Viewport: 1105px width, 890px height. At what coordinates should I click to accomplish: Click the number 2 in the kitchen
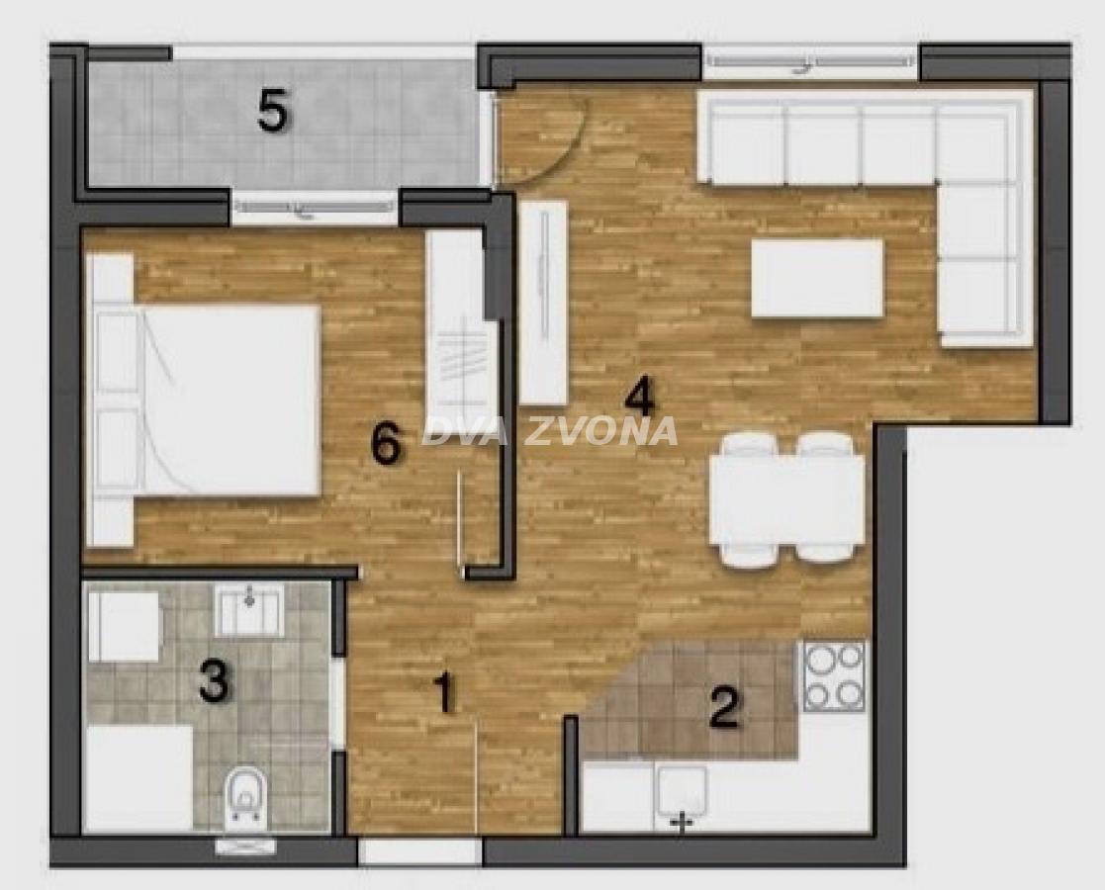tap(724, 707)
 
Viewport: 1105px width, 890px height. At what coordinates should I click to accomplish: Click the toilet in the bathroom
tap(244, 798)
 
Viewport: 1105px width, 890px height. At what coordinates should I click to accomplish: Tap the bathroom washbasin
tap(248, 609)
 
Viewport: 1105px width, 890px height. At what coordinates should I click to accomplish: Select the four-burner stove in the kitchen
tap(834, 675)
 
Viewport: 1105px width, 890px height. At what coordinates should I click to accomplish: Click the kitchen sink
tap(681, 796)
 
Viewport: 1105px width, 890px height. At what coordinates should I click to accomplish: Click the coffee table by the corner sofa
tap(817, 279)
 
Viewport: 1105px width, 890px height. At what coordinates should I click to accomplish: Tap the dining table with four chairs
tap(787, 499)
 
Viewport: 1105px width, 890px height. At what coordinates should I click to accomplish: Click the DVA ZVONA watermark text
tap(550, 431)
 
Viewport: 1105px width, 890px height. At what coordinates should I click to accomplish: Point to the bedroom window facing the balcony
tap(315, 208)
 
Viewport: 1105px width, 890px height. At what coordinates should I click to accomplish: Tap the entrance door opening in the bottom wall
tap(420, 851)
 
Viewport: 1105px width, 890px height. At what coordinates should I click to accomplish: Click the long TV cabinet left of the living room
tap(543, 303)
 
